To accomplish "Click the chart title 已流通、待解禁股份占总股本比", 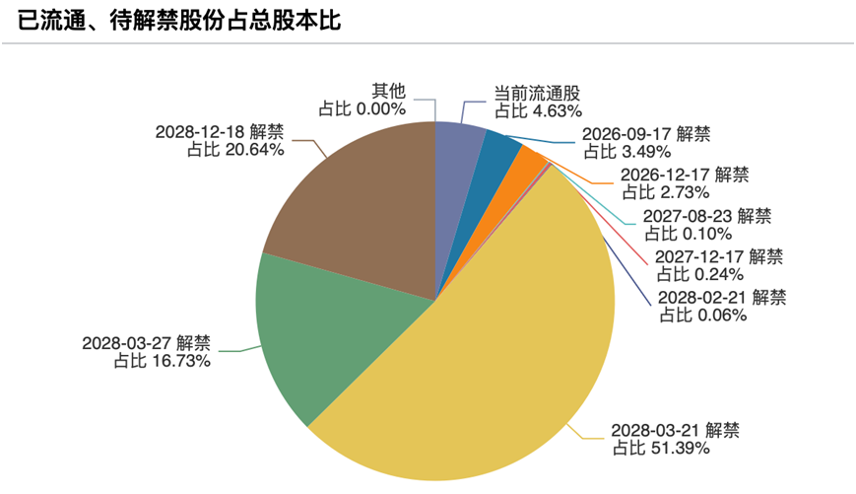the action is point(179,21).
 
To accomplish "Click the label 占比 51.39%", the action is point(661,449).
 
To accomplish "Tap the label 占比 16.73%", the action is point(163,361).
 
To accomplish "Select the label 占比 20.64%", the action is point(235,150).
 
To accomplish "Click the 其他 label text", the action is point(389,91).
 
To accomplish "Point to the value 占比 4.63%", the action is point(538,111).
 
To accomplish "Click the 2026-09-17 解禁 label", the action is point(646,134).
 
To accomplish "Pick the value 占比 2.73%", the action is point(666,192).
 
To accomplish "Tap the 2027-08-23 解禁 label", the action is point(707,216).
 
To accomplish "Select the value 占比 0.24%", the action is point(700,274).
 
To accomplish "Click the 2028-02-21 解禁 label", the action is point(722,297).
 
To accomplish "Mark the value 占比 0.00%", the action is point(362,108).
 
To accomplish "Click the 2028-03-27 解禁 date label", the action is point(147,343).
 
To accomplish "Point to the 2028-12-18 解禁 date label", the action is point(220,132).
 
